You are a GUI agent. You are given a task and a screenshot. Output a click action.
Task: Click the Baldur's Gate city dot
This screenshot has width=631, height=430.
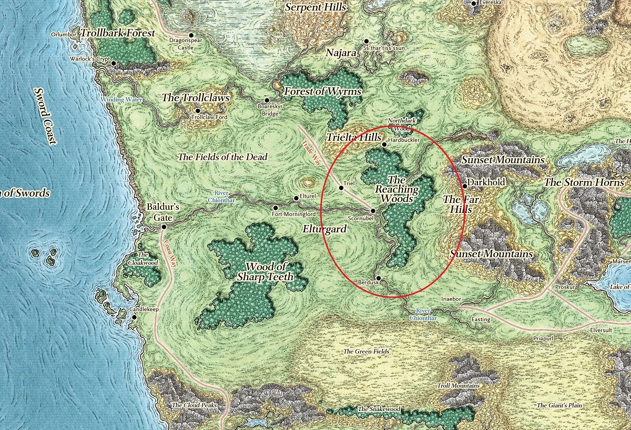tap(164, 227)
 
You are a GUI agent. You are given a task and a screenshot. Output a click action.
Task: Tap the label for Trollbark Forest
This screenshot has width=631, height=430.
tap(118, 33)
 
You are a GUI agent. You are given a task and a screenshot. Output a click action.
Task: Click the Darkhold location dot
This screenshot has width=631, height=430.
tap(465, 186)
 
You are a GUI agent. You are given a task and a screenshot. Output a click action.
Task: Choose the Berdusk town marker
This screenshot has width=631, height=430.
tap(378, 278)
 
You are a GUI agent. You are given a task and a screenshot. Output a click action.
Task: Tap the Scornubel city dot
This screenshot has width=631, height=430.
tap(373, 211)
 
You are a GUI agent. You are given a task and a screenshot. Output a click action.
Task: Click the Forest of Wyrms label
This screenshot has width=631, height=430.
tap(322, 92)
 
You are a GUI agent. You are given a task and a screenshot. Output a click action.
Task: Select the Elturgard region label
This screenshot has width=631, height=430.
tap(325, 229)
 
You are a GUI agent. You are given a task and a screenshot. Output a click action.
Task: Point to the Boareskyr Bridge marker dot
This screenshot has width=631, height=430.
tap(267, 100)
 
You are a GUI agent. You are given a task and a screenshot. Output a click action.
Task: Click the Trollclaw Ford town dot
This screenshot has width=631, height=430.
tap(198, 111)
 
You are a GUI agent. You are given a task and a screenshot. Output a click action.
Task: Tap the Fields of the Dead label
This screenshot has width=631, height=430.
tap(222, 157)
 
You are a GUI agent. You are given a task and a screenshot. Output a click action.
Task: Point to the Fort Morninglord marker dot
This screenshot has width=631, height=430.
tap(276, 208)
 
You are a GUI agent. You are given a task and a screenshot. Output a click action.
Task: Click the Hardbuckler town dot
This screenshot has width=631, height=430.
tap(384, 144)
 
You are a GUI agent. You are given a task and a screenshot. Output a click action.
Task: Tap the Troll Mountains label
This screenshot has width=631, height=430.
tap(457, 386)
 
